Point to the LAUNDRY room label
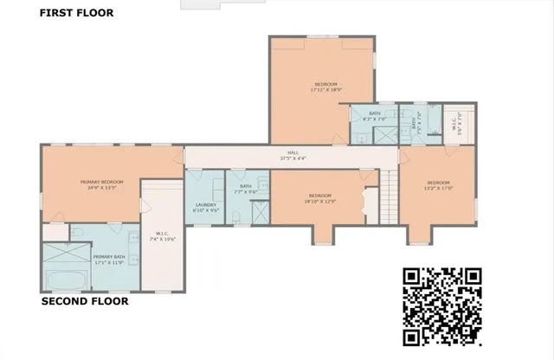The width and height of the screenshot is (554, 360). pos(205,208)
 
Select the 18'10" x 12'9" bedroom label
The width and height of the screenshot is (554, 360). pos(320,198)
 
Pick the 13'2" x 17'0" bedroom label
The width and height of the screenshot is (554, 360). pos(438,185)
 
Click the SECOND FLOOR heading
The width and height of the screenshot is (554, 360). pos(85,302)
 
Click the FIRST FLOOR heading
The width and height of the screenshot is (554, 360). pos(76,13)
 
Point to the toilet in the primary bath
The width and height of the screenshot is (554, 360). pos(78,233)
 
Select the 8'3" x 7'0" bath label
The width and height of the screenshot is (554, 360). pos(375,115)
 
